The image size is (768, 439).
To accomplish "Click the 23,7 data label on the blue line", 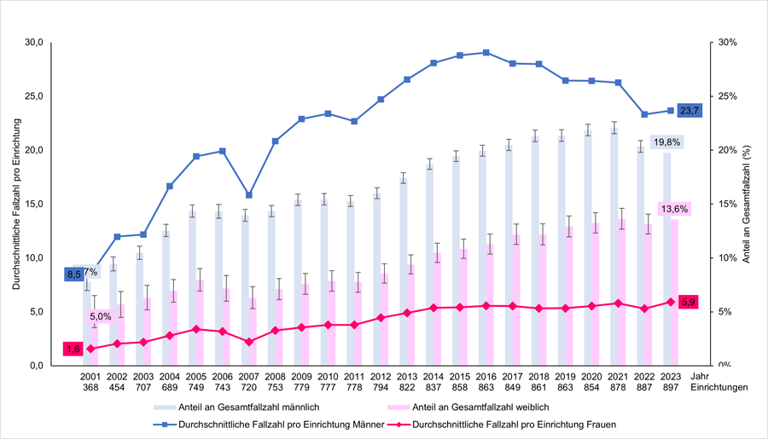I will pos(689,111).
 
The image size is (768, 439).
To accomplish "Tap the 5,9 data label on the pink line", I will pos(688,302).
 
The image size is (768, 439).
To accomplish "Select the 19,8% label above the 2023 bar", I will pos(667,142).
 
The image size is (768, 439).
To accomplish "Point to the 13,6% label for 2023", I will pos(674,209).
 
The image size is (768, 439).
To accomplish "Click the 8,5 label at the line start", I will pos(74,274).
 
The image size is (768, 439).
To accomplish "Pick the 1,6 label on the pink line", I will pos(73,349).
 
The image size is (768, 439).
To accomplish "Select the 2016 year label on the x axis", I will pos(486,375).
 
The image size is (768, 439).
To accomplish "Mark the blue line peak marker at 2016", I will pos(486,53).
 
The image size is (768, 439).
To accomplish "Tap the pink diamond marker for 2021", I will pos(618,303).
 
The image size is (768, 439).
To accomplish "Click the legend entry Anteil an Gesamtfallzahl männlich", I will pos(237,407).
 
